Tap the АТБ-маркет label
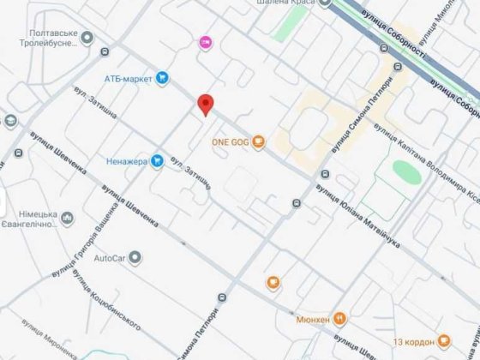(129, 79)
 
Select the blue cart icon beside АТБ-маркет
(162, 79)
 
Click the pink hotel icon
(205, 42)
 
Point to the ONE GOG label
(229, 142)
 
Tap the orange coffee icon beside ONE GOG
(258, 142)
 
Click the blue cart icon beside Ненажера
(157, 160)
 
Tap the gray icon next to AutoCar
(135, 257)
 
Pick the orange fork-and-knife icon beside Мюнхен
(340, 319)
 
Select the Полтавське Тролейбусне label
(65, 39)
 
